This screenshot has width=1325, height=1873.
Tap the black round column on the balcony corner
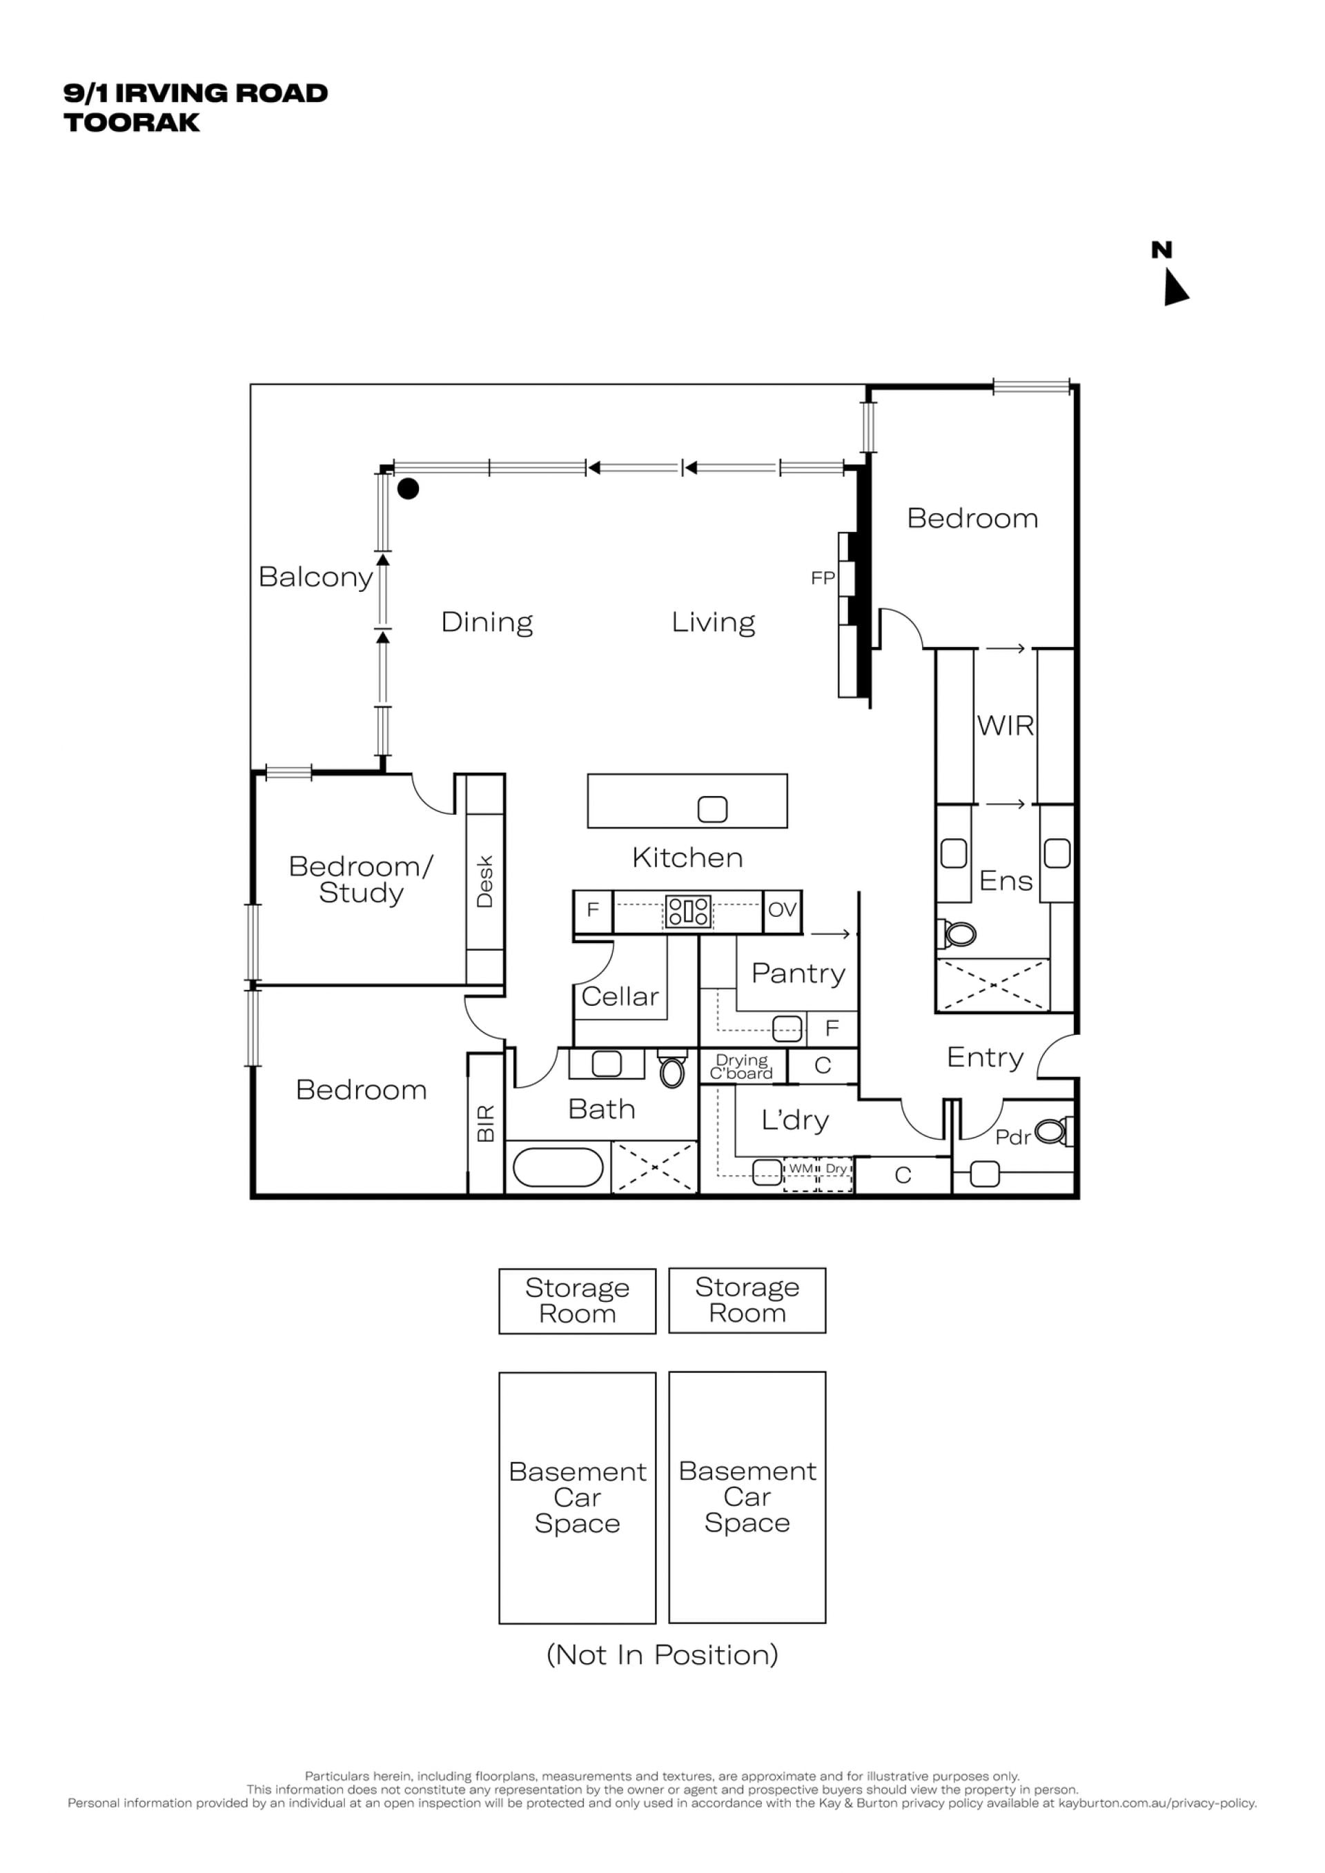pos(408,488)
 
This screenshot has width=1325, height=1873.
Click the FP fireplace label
pos(823,577)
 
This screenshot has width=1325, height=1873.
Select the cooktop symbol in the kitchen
pos(689,911)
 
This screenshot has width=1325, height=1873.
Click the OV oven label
pos(782,909)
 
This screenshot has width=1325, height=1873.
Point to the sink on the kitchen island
pos(712,809)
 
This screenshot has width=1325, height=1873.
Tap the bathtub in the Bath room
pos(558,1167)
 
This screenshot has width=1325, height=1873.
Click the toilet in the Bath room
pos(672,1070)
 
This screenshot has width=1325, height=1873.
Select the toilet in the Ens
pos(957,934)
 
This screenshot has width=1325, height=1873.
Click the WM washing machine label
pos(801,1168)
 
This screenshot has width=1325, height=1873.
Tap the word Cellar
pos(620,996)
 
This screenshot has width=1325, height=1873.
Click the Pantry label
pos(798,973)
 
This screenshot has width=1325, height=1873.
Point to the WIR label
pos(1005,725)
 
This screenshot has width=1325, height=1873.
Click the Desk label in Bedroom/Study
pos(484,881)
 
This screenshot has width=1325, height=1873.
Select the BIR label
pos(485,1123)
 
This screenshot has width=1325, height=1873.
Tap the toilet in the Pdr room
pos(1054,1131)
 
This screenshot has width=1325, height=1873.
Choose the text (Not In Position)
pos(662,1654)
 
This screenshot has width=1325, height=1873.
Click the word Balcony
pos(316,577)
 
